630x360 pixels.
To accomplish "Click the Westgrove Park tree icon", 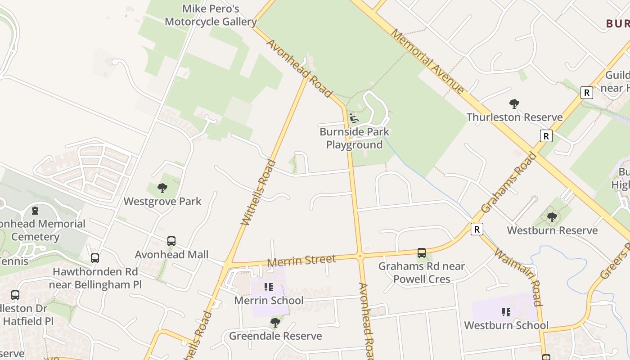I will coord(162,188).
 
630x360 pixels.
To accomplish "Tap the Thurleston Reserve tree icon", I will coord(514,104).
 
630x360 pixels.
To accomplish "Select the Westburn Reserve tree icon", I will coord(552,217).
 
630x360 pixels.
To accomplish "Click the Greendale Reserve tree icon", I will coord(275,323).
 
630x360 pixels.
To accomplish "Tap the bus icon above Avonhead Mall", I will coord(171,241).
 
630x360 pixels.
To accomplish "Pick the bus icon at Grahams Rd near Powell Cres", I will coord(422,253).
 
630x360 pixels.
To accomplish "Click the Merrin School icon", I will coord(269,287).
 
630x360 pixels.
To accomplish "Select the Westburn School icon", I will coord(506,312).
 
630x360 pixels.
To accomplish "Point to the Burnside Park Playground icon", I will coord(354,119).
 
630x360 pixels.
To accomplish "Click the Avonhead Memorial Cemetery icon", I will coord(35,210).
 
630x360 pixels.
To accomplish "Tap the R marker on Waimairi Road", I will coord(477,229).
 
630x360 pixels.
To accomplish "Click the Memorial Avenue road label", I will coord(427,61).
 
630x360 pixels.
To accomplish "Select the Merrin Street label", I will coord(301,261).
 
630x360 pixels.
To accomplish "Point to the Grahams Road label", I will coord(508,182).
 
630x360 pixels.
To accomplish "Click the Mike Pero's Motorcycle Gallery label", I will coord(211,15).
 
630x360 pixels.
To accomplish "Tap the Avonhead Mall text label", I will coord(171,255).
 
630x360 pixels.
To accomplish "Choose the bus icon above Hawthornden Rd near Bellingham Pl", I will coord(95,258).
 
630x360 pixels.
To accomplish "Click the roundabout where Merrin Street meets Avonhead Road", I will coord(360,256).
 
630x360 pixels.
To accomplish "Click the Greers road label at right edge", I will coord(616,261).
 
